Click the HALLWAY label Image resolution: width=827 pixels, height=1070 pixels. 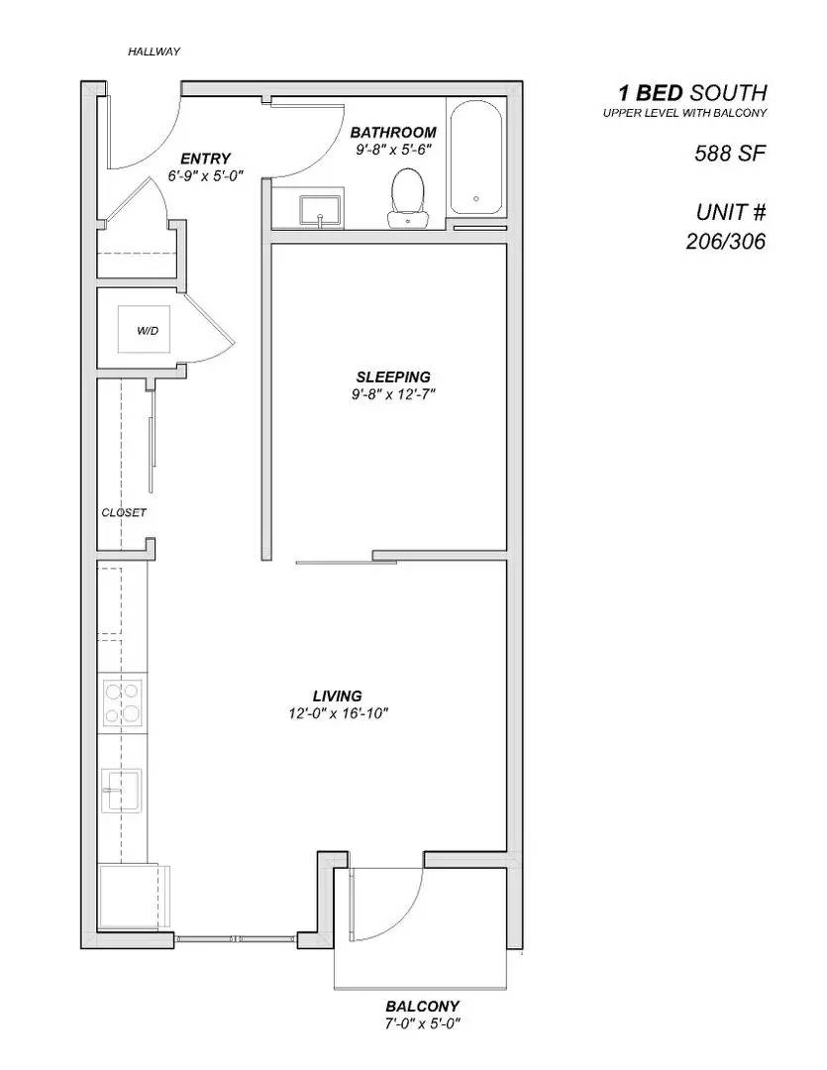point(154,52)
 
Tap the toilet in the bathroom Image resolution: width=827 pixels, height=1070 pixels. point(407,195)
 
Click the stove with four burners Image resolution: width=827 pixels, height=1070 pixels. point(122,702)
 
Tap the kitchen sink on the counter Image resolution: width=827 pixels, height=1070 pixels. point(120,790)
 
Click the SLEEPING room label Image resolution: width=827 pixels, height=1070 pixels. point(393,376)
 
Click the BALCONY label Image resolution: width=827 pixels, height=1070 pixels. point(421,1006)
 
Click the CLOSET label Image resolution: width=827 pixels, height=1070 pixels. point(124,512)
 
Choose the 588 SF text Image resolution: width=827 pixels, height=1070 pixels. point(730,154)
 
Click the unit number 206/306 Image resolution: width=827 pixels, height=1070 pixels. point(726,241)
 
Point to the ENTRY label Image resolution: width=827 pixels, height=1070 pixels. point(205,159)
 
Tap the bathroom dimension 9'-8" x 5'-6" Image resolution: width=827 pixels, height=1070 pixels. point(393,150)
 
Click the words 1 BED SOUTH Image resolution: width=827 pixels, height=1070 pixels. point(692,93)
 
